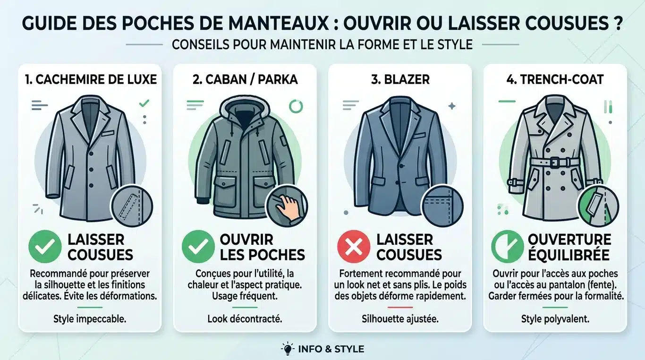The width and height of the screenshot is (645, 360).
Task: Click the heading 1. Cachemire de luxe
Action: tap(90, 79)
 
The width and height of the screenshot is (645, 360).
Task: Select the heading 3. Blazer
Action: tap(400, 79)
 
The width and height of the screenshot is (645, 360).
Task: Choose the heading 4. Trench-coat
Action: tap(555, 79)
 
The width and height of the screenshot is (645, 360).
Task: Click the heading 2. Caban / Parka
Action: tap(245, 79)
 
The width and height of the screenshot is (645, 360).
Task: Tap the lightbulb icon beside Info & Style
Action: tap(287, 349)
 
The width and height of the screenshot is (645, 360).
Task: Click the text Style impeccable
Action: tap(90, 319)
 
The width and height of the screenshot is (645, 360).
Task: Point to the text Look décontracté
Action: tap(245, 319)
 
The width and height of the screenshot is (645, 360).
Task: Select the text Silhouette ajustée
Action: tap(400, 319)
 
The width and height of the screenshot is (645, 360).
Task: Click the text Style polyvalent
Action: tap(555, 319)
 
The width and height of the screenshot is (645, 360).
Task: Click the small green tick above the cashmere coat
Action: tap(144, 103)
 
